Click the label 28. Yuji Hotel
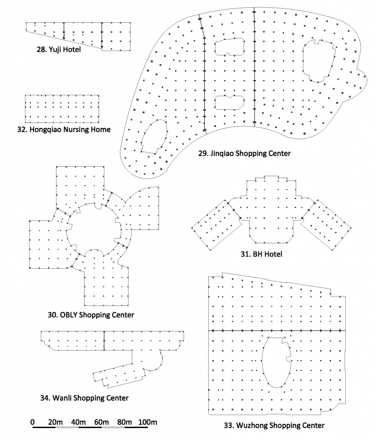[59, 50]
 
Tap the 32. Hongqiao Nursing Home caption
[64, 130]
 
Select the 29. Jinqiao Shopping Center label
[244, 154]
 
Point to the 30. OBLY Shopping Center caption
[91, 315]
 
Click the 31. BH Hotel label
[261, 254]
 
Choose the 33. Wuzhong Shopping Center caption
[274, 425]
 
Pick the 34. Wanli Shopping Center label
[84, 398]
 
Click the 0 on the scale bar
[33, 422]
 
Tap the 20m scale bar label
[56, 422]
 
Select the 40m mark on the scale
[78, 422]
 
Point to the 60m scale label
[102, 422]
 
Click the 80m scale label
[125, 422]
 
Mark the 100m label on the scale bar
[148, 422]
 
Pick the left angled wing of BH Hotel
[217, 225]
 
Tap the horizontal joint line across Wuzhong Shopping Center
[277, 330]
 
